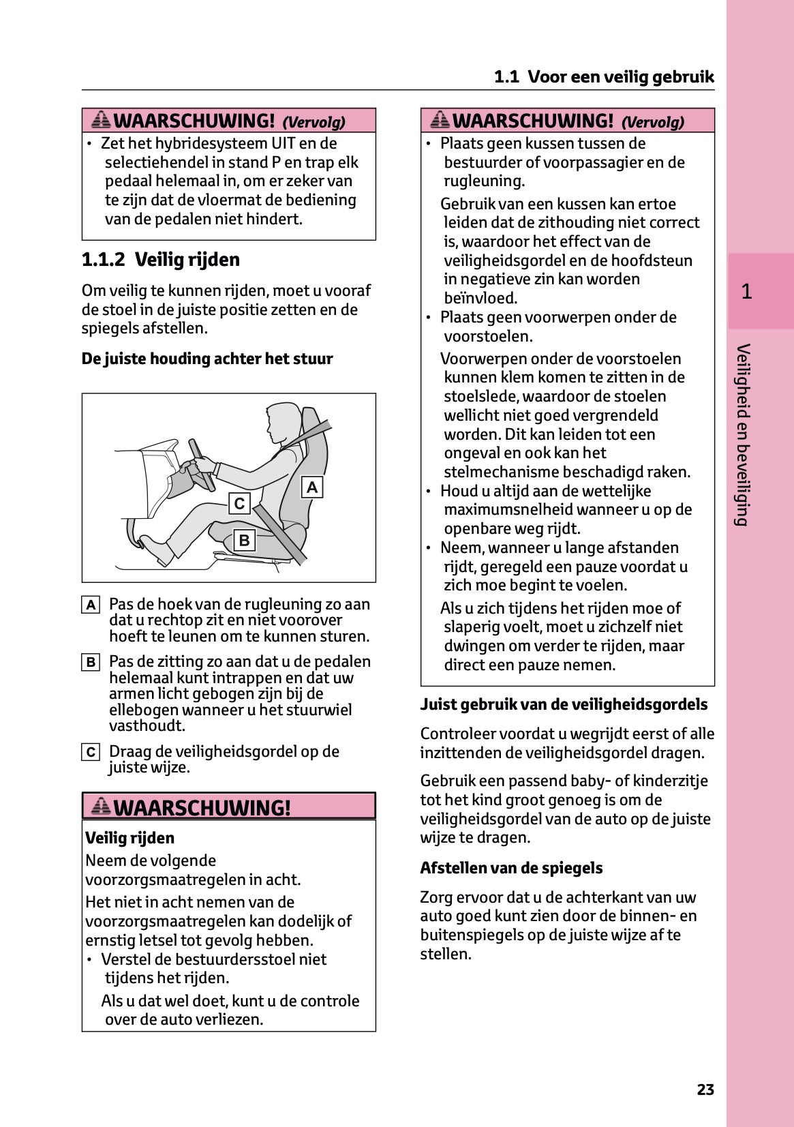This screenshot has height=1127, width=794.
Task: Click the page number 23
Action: point(705,1090)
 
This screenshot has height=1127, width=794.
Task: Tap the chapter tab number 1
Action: point(746,292)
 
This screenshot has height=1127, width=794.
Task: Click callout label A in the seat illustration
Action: point(312,487)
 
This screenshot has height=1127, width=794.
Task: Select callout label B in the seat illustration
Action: point(244,541)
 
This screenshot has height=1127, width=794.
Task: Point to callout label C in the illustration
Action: point(239,504)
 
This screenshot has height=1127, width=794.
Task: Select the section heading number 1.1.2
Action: point(103,260)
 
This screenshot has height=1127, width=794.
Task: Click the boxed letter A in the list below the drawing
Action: point(91,605)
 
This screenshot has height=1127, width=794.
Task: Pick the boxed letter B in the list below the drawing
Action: point(91,662)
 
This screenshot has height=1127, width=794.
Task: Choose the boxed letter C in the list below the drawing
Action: point(91,752)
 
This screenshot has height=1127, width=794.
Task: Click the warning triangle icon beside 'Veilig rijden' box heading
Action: point(101,807)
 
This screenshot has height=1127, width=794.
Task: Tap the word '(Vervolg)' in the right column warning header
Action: point(652,123)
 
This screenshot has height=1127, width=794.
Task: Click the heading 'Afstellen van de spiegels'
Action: point(511,868)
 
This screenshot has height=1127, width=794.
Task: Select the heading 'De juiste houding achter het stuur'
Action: point(207,359)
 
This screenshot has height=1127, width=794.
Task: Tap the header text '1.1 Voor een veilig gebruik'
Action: point(604,77)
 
